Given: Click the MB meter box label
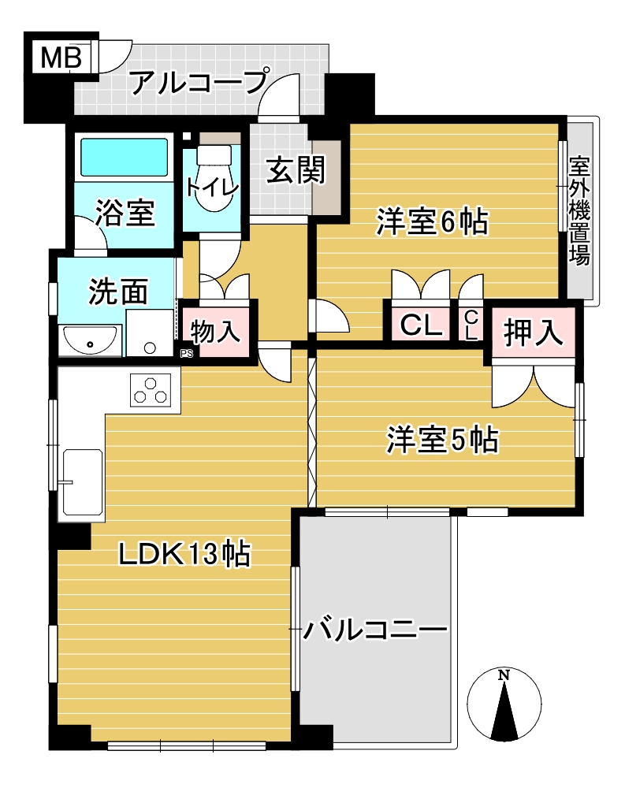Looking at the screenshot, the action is [x=61, y=58].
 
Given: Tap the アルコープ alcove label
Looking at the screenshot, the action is [x=199, y=82].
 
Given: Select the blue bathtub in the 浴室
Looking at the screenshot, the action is [x=125, y=158].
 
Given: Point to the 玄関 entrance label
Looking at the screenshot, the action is [x=296, y=170].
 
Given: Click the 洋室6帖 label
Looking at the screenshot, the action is [x=433, y=221].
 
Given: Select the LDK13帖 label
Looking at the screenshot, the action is [x=184, y=554].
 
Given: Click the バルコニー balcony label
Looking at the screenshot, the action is [x=374, y=629].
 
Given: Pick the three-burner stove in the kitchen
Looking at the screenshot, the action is [x=151, y=390].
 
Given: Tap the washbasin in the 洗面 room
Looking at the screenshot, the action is [x=90, y=340].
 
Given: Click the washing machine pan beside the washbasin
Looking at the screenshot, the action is [x=149, y=333].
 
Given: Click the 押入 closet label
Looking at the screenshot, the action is [x=533, y=333].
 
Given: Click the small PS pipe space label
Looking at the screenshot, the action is [x=187, y=354].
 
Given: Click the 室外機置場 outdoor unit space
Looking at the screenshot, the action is [x=580, y=211].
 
